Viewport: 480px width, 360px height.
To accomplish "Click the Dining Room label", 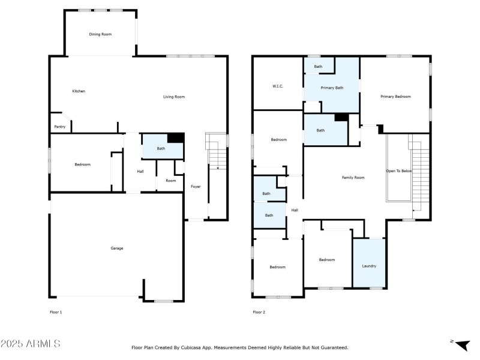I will coord(100,34).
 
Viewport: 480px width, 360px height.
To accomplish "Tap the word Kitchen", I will coord(79,91).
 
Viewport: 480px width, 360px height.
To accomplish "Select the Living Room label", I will coord(174,97).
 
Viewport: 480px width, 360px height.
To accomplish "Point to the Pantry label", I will coord(60,127).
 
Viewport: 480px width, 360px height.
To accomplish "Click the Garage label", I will coord(116,248).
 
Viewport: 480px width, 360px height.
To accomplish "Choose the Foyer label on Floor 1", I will coord(196,187).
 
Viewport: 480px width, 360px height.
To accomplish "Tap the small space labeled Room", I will coord(171,181).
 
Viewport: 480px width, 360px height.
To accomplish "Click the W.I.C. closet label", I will coord(277,86).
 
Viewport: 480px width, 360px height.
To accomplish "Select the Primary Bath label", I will coord(332,88).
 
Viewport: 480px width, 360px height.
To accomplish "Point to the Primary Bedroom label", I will coord(395,96).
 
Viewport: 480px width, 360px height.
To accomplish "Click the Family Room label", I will coord(353,178).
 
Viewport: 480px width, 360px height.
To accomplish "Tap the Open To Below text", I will coord(398,171).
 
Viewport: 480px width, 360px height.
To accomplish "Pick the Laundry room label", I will coord(369,266).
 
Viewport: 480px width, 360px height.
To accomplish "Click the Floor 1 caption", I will coord(56,312).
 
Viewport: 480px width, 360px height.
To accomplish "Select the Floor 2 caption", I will coord(259,312).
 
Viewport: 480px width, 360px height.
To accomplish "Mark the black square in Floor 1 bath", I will coord(175,138).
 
